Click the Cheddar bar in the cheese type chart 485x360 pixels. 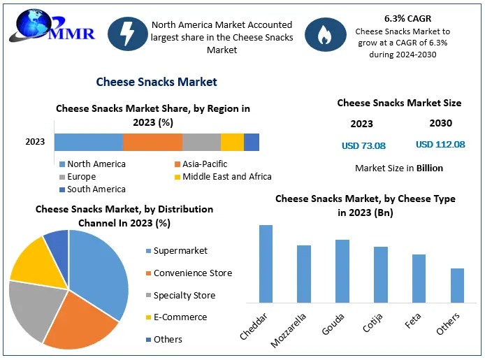pos(266,264)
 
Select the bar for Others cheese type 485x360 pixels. pos(457,285)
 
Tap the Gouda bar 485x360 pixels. pos(342,271)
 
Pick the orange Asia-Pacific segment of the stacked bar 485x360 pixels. pos(152,142)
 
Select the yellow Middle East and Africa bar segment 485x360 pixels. pos(232,142)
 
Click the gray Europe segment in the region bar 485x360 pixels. pos(201,142)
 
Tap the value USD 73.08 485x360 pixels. pos(363,146)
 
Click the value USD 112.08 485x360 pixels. pos(440,145)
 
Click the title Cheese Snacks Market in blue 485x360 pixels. pos(157,82)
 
